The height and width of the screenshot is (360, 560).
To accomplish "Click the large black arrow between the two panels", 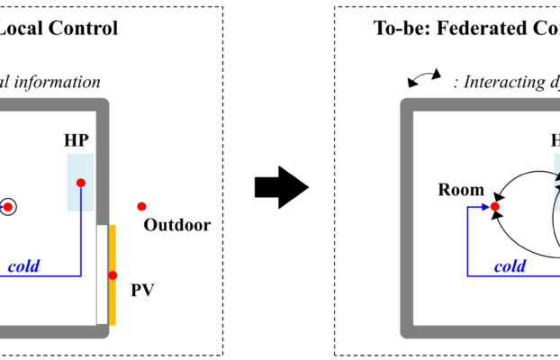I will (x=281, y=186).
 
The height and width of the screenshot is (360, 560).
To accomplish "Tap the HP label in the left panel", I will (x=77, y=141).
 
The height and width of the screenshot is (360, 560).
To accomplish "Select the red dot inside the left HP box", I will (x=81, y=183).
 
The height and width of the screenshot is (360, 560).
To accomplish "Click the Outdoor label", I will (x=177, y=225).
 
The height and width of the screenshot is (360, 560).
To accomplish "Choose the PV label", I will (x=142, y=290).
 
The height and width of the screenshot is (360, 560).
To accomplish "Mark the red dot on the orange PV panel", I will (x=113, y=275).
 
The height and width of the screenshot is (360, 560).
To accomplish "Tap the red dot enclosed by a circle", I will (x=7, y=207).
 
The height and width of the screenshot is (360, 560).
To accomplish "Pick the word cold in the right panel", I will (x=510, y=265).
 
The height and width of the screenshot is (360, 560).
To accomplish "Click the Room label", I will (x=461, y=190).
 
